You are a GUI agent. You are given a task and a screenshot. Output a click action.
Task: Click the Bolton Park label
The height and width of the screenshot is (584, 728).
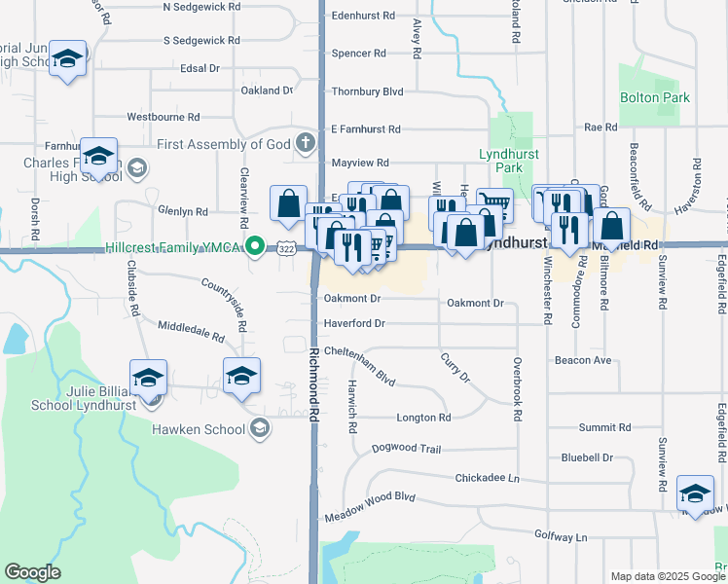[x=654, y=97]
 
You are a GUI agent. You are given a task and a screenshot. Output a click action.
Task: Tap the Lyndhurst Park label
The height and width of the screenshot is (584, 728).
[x=501, y=162]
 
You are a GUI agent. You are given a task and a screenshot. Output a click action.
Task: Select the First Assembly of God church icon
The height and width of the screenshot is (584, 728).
[x=305, y=144]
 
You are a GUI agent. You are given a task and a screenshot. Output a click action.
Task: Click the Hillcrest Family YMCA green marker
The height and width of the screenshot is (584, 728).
[x=255, y=246]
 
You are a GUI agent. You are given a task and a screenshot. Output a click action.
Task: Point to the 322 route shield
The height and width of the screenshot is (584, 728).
[x=282, y=249]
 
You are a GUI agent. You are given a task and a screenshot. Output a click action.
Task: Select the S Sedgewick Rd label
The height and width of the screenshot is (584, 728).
[x=201, y=41]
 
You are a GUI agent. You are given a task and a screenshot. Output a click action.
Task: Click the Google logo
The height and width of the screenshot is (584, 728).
[x=32, y=572]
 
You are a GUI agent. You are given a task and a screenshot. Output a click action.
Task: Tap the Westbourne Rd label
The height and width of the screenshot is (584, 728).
[x=164, y=116]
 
